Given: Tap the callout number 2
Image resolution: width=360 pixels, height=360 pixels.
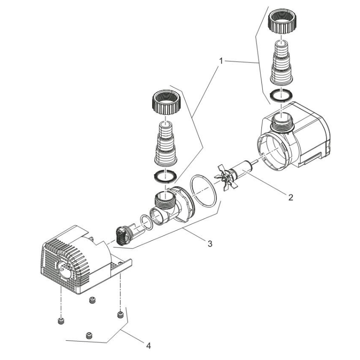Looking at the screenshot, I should pos(291,197).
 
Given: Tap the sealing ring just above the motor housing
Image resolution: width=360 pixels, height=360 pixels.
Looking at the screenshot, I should pos(281,95).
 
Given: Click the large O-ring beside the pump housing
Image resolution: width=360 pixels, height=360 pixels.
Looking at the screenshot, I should pos(204,190).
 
